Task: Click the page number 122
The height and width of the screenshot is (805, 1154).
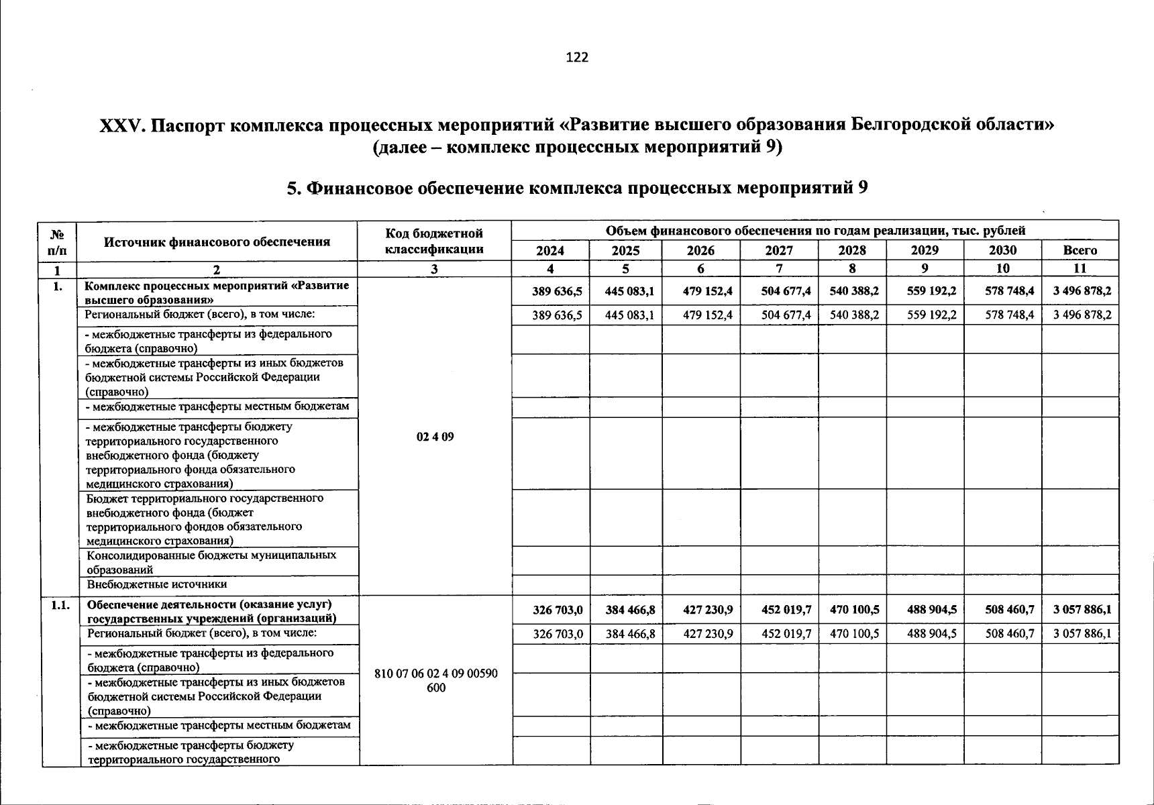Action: [577, 57]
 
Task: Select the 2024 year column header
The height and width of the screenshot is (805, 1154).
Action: [550, 250]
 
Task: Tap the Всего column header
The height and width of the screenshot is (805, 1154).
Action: [1080, 250]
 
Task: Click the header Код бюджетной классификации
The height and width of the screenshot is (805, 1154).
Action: [435, 241]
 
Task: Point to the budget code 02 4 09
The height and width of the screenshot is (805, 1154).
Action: [435, 437]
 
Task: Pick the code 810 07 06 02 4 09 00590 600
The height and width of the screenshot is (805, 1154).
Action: [435, 680]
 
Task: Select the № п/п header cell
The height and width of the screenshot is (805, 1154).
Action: [58, 241]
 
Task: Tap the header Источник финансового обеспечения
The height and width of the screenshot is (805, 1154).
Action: [217, 241]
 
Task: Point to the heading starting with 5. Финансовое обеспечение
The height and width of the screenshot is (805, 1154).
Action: [577, 188]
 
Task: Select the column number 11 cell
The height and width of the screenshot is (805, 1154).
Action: [1080, 268]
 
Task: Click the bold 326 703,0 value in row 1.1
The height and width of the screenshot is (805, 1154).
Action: [558, 610]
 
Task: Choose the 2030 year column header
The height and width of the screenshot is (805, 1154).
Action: [1002, 250]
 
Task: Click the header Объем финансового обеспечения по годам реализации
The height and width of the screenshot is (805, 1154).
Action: [815, 231]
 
